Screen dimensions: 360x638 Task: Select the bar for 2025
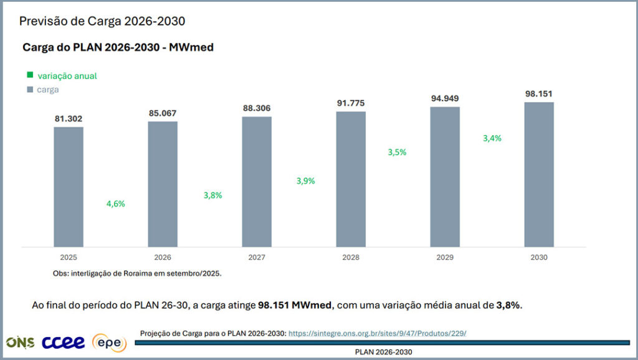[x=69, y=187]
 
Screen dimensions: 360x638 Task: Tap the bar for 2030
[x=539, y=174]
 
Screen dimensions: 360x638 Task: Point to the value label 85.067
[x=163, y=113]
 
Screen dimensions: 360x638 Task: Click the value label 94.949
[x=445, y=98]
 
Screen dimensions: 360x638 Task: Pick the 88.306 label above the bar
[x=257, y=108]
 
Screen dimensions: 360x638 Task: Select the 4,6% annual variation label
[x=115, y=204]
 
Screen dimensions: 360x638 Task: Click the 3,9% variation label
[x=305, y=181]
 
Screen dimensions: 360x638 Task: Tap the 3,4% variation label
[x=492, y=138]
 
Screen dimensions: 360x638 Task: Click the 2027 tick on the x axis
[x=257, y=257]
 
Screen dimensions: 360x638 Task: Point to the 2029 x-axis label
[x=445, y=257]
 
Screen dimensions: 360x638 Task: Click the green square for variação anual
[x=30, y=75]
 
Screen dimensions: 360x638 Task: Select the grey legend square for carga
[x=30, y=90]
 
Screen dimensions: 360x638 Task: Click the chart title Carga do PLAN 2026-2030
[x=118, y=47]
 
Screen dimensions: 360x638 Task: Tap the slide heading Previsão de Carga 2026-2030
[x=102, y=21]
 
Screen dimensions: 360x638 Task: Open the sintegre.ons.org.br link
[x=378, y=334]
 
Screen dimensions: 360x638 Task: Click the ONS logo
[x=21, y=343]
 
